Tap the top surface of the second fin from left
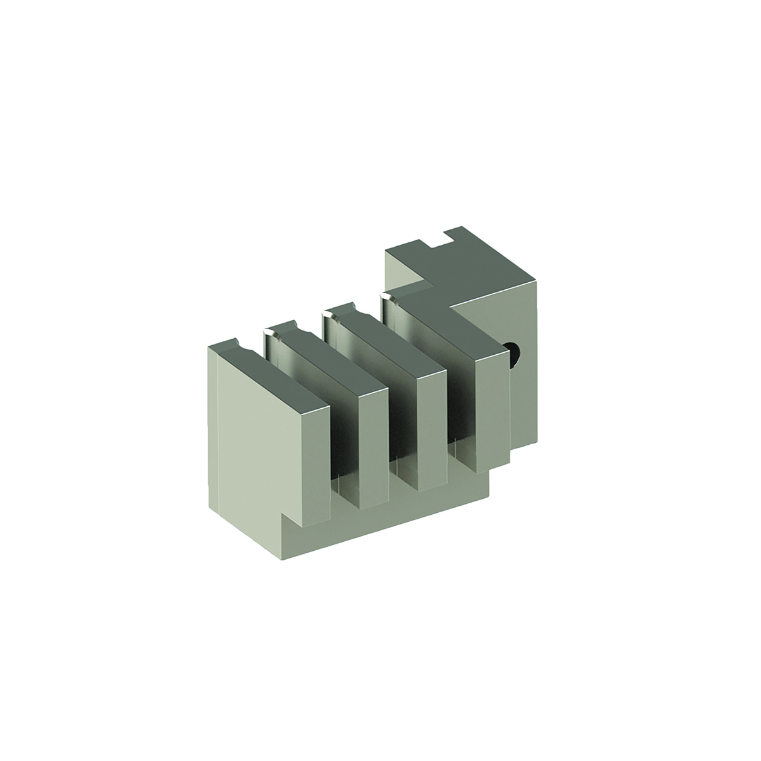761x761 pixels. click(321, 360)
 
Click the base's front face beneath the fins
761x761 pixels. click(386, 514)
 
